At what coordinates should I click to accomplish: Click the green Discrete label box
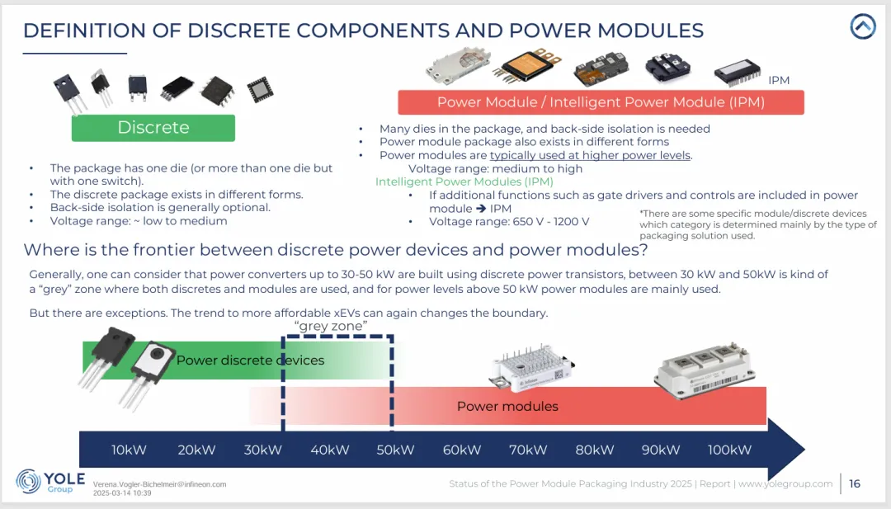153,128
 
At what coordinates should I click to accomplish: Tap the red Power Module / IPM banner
601,102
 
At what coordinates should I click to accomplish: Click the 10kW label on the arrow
130,450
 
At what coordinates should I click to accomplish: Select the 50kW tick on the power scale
395,450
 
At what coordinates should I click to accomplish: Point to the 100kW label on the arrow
730,450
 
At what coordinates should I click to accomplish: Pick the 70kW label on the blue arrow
528,450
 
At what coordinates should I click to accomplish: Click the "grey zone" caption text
331,327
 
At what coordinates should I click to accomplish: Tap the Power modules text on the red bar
507,406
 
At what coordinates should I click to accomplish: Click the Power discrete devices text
250,360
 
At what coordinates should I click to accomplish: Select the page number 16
855,483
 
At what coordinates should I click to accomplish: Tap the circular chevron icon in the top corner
863,27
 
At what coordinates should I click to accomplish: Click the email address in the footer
159,484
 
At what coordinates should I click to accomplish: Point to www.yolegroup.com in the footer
785,483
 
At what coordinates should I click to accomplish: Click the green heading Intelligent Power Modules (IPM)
464,181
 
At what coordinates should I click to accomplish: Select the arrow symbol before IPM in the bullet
481,209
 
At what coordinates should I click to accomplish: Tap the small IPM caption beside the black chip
779,80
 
